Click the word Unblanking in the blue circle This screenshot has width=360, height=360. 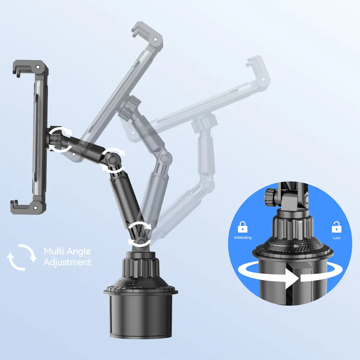[x=242, y=237]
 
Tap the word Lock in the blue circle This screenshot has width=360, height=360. [x=337, y=238]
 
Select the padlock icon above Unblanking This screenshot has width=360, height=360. [x=242, y=227]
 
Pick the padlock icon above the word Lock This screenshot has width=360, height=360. [x=337, y=227]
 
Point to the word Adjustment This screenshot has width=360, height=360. [x=67, y=262]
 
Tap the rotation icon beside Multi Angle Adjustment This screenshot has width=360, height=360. [x=22, y=257]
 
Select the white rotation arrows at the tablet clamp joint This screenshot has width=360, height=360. [x=60, y=140]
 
